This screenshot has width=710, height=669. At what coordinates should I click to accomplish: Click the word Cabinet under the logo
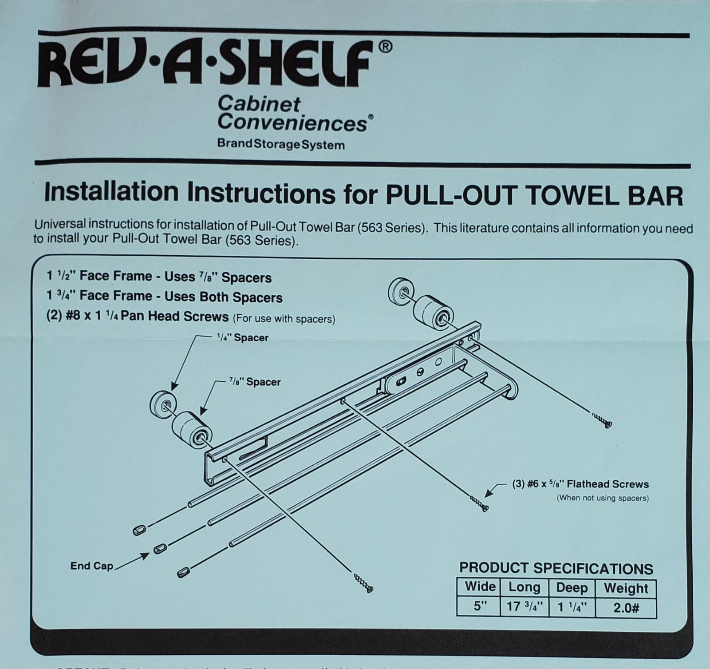259,105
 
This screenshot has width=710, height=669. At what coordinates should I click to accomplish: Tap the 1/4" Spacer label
242,338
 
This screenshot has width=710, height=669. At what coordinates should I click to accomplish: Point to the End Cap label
92,566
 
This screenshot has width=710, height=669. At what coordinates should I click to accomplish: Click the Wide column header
480,586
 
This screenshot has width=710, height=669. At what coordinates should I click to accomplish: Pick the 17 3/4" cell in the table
524,607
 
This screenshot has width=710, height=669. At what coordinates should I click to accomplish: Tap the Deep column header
572,588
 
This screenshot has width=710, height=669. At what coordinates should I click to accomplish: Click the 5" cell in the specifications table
480,606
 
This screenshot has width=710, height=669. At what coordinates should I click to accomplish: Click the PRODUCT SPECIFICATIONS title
556,569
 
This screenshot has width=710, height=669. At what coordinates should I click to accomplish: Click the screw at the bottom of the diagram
364,583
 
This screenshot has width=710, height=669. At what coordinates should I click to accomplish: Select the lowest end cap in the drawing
182,572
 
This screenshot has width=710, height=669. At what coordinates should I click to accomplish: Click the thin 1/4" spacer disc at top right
400,291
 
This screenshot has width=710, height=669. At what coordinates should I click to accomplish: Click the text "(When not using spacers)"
603,498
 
